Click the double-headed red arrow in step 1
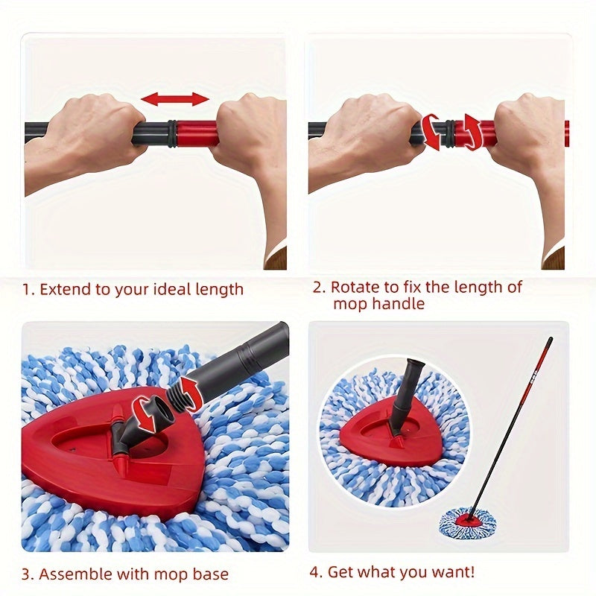pyautogui.click(x=175, y=99)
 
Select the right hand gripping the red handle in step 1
pyautogui.click(x=250, y=138)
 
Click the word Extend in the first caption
pyautogui.click(x=65, y=289)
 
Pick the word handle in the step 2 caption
pyautogui.click(x=401, y=304)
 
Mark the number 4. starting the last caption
pyautogui.click(x=316, y=572)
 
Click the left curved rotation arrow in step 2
pyautogui.click(x=431, y=132)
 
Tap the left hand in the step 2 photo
pyautogui.click(x=372, y=138)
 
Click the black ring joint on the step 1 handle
pyautogui.click(x=172, y=132)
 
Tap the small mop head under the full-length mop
pyautogui.click(x=467, y=522)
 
